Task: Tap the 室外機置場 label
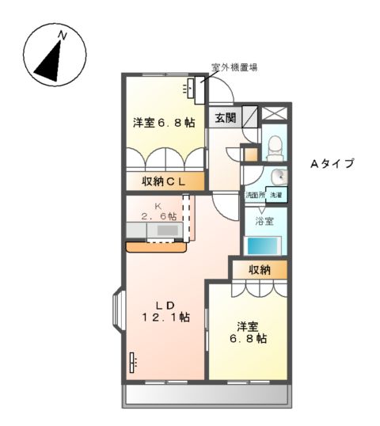[x=237, y=68]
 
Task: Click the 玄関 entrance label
[x=225, y=118]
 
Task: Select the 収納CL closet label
[x=164, y=181]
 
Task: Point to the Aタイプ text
[x=331, y=164]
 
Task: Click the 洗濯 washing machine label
[x=275, y=195]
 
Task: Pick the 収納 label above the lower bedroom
[x=260, y=269]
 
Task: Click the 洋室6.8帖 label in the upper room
[x=163, y=123]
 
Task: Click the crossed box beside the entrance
[x=275, y=113]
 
